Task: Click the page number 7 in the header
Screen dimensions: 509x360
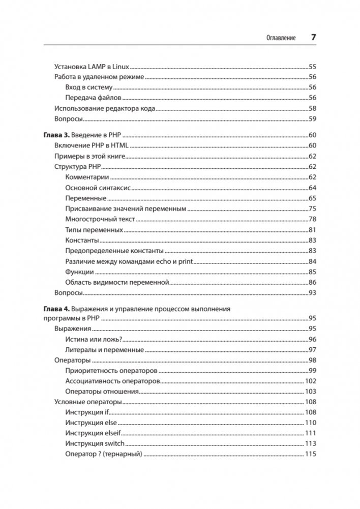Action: (314, 38)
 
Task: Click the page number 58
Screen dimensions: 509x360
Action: (313, 108)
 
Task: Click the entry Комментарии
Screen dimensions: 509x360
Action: (87, 177)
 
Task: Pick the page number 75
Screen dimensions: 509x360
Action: (313, 209)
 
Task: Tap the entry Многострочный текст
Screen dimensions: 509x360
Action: (100, 220)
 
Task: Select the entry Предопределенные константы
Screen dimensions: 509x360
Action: (114, 251)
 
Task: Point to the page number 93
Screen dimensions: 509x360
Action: (313, 293)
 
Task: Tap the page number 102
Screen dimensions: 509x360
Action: (311, 381)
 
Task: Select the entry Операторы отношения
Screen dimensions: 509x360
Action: (102, 392)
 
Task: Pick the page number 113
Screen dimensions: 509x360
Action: (311, 444)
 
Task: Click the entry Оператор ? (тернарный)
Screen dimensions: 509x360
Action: (104, 454)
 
